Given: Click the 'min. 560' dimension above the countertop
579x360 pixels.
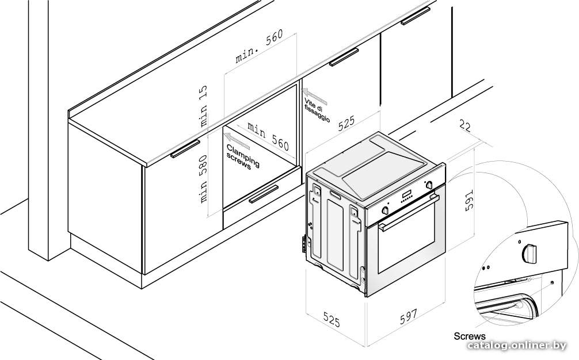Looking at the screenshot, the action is tap(259, 46).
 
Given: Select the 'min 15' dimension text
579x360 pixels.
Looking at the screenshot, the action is tap(203, 106).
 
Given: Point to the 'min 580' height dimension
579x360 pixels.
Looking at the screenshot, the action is tap(203, 178).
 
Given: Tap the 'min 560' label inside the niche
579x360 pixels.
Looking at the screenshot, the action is tap(268, 136).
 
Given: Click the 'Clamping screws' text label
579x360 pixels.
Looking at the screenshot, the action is tap(243, 157).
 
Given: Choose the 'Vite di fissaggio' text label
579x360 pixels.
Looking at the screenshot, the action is tap(317, 109).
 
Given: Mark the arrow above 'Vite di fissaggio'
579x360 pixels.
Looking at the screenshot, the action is tap(315, 95).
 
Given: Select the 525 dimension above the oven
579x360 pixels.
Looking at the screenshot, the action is tap(346, 123).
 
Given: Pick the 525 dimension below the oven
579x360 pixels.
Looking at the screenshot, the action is tap(331, 319).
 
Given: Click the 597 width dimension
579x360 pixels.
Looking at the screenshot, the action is tap(409, 316).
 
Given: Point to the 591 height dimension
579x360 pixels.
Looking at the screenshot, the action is tap(468, 200).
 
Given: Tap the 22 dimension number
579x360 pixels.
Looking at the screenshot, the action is tap(465, 126).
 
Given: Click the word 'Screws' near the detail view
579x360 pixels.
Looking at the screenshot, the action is tap(470, 336).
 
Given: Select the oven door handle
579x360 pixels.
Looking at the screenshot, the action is tap(409, 212).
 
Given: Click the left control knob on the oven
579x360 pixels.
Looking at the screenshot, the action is tap(385, 210).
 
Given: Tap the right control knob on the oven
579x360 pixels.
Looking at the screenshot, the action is tap(429, 185).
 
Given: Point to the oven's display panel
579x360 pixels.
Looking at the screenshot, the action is tap(407, 194).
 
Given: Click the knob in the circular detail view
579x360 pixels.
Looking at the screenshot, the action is tap(529, 254).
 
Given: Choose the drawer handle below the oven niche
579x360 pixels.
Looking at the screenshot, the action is tap(264, 194).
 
